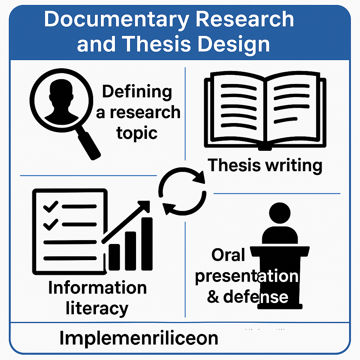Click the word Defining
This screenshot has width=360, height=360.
[x=137, y=92]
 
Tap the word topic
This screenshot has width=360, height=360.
[x=137, y=133]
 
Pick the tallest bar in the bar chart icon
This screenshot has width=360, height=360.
[x=147, y=243]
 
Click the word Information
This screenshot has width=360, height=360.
[x=97, y=288]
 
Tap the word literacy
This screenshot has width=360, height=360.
[x=97, y=308]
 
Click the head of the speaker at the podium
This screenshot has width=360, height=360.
[x=279, y=213]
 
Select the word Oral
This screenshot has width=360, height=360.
[x=228, y=255]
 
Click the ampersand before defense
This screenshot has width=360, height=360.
[x=213, y=297]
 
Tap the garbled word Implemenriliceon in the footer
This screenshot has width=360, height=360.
[x=139, y=338]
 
